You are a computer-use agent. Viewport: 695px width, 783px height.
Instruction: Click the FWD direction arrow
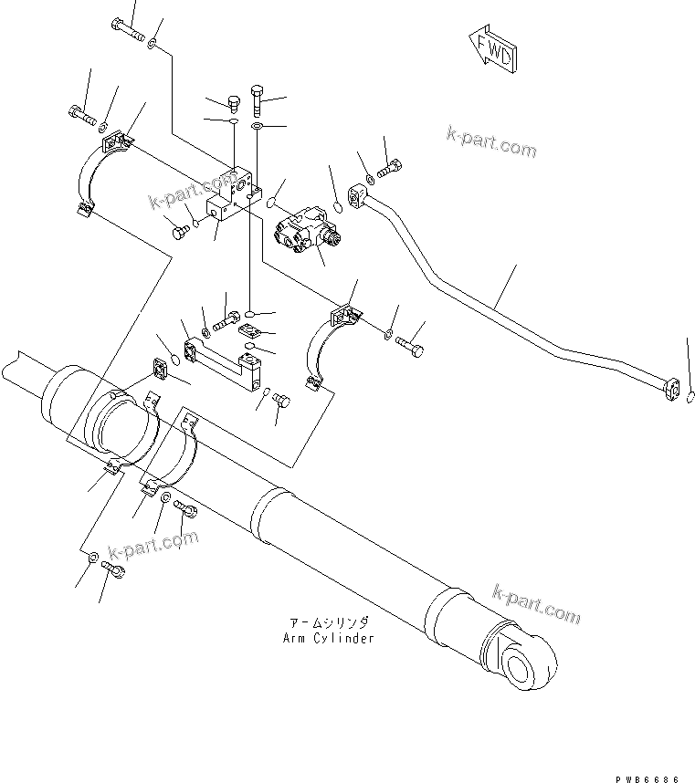(x=491, y=51)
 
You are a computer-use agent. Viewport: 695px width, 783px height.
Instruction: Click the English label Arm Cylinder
(x=328, y=638)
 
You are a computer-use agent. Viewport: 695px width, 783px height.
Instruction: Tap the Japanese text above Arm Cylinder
(x=328, y=622)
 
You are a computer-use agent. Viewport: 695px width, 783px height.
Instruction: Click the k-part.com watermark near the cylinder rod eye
(x=537, y=601)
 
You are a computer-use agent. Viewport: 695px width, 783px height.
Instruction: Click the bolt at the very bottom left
(x=113, y=569)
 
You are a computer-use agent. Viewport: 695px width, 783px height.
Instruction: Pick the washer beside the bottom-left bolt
(x=94, y=557)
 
